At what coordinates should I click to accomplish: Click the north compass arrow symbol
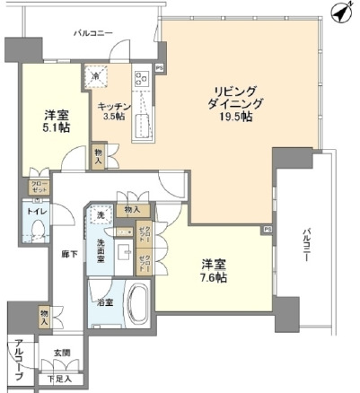point(338,12)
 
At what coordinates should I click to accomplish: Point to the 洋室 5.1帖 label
point(54,121)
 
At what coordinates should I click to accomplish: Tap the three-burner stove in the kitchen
point(141,77)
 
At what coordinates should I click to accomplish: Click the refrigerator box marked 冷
point(97,77)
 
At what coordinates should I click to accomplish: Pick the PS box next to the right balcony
point(267,230)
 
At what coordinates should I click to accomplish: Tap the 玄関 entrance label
point(61,351)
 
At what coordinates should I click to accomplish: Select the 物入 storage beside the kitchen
point(99,156)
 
